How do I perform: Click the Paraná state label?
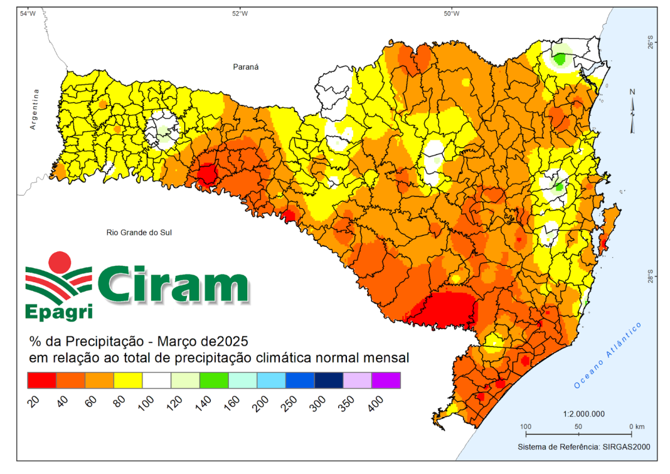[x=246, y=67]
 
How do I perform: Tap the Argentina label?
[x=34, y=109]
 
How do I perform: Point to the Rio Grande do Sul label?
[x=139, y=233]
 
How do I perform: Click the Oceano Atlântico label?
[x=607, y=355]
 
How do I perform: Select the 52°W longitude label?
[x=240, y=14]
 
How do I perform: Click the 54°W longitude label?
[x=28, y=14]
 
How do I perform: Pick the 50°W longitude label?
[x=451, y=14]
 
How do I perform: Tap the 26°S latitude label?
[x=650, y=43]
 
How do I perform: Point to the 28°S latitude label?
[x=650, y=276]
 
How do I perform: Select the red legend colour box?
[x=42, y=380]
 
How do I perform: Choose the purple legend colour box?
[x=386, y=380]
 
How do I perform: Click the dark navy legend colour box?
[x=329, y=380]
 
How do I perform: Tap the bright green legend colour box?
[x=214, y=380]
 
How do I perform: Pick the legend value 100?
[x=146, y=403]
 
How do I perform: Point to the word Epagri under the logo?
[x=59, y=312]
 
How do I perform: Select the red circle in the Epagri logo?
[x=60, y=262]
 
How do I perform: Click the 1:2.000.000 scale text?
[x=583, y=414]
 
